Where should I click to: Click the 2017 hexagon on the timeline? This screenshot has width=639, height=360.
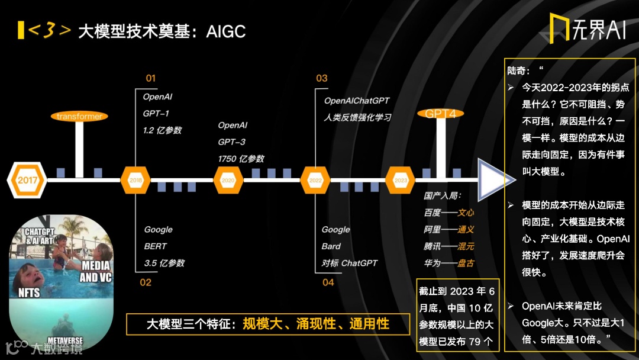click(x=28, y=179)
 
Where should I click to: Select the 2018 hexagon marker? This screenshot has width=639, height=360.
click(x=135, y=179)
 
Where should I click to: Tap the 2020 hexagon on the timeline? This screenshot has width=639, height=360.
click(x=228, y=179)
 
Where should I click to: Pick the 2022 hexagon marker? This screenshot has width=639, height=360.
click(x=315, y=179)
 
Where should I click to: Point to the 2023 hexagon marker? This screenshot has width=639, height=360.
click(x=401, y=179)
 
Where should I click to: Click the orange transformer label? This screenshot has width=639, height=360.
click(x=79, y=116)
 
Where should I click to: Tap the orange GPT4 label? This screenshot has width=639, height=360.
click(x=440, y=114)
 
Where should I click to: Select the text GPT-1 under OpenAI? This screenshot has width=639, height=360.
click(x=156, y=113)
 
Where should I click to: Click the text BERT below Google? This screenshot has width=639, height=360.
click(x=156, y=246)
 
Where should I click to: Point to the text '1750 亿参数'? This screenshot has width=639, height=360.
click(x=241, y=159)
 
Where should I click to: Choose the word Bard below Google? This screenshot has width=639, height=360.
click(x=331, y=246)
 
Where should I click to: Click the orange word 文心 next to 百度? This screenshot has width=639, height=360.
click(x=466, y=212)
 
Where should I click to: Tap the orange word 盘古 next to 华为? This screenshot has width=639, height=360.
click(x=466, y=262)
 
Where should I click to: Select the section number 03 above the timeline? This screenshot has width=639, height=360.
click(x=321, y=78)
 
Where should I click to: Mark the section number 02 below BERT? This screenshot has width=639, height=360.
click(x=146, y=282)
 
